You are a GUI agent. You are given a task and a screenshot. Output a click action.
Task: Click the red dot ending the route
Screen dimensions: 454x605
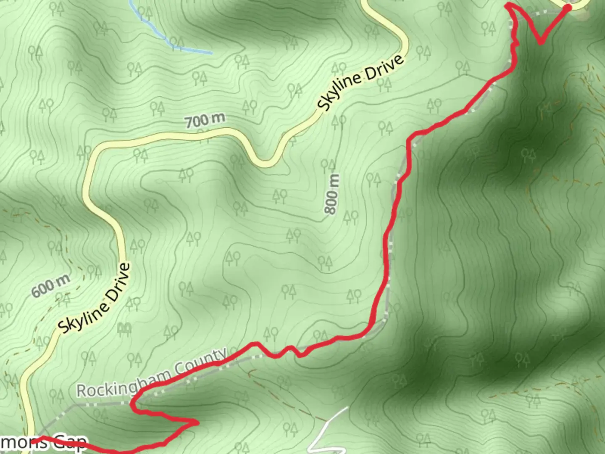[x=567, y=8]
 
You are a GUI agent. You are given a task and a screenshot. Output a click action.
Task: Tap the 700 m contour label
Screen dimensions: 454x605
[x=205, y=120]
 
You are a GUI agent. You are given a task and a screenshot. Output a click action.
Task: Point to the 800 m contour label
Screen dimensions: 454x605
[x=332, y=194]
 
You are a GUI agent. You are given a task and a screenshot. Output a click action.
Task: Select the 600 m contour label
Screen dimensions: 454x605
[x=50, y=286]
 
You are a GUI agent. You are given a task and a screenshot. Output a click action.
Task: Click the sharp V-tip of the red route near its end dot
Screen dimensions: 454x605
[x=541, y=42]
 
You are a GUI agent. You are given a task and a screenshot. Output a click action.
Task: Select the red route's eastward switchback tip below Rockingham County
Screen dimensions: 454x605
[x=197, y=422]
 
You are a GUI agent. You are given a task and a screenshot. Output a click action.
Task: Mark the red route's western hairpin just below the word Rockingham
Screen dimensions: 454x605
[x=133, y=405]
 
